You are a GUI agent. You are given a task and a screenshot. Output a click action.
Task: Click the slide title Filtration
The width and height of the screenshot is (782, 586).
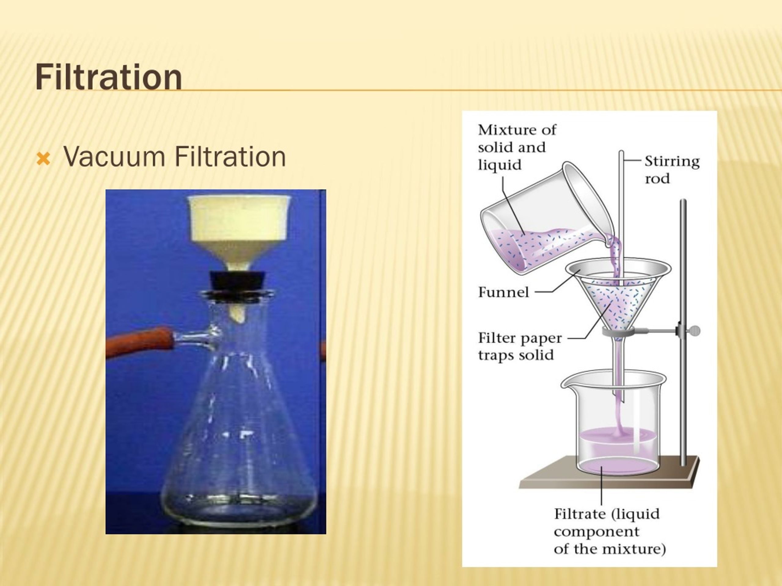pos(108,77)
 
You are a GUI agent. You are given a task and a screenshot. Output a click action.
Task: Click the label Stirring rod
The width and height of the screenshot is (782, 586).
pos(672,170)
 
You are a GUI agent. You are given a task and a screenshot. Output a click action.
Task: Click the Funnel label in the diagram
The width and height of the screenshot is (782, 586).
pos(503,292)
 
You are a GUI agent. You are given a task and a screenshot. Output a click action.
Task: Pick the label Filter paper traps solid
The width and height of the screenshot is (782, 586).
pos(519,346)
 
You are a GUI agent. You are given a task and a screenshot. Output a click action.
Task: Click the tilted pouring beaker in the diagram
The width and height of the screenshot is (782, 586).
pos(541,226)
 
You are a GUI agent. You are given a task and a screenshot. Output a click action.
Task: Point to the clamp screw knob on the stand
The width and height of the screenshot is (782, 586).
pos(695,331)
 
